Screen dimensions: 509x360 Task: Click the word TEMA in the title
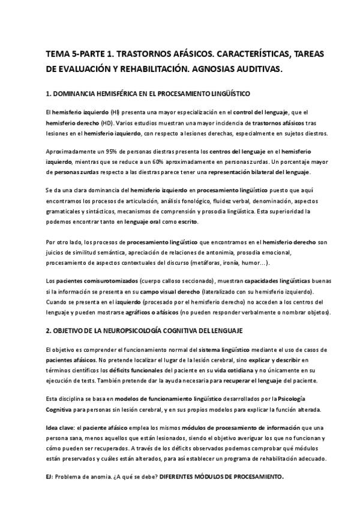(x=58, y=54)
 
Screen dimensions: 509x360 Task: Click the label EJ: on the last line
(x=49, y=477)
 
